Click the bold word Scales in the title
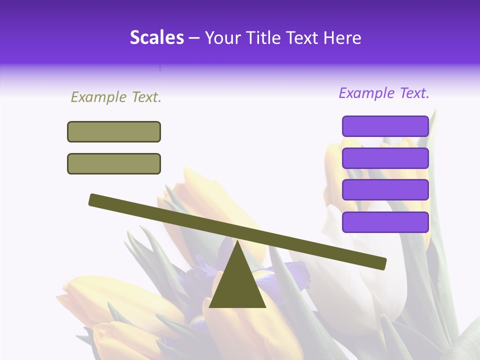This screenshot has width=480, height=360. [156, 37]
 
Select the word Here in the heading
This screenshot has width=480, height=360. [342, 37]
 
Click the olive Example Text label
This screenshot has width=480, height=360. [116, 97]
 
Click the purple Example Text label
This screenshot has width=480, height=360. [384, 93]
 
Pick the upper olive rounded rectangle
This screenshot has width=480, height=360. [114, 131]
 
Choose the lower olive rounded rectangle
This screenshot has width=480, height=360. [114, 163]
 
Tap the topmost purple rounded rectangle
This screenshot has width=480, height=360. [385, 126]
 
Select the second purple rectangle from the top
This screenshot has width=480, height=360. [385, 158]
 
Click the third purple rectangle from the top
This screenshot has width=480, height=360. [385, 190]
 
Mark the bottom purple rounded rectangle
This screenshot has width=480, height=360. [385, 222]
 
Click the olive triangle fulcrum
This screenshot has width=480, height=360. [237, 285]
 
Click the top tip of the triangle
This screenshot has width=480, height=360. [237, 242]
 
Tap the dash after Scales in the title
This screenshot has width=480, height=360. [194, 38]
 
